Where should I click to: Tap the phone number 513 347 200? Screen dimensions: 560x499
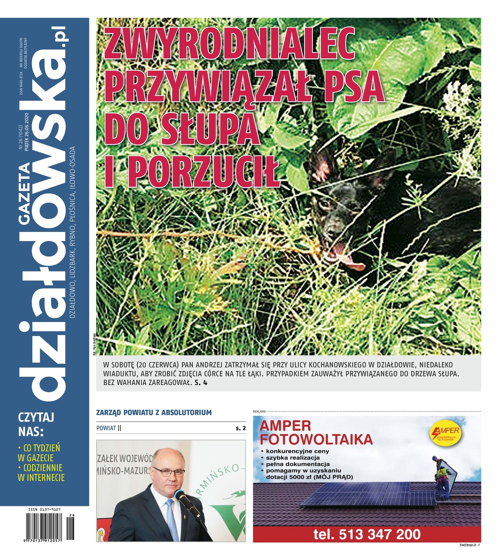click(x=367, y=534)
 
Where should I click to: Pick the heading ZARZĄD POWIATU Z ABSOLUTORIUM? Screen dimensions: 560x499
click(x=154, y=413)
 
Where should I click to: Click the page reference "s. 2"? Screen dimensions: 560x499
click(x=240, y=428)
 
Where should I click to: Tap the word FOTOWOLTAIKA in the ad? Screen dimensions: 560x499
click(x=316, y=439)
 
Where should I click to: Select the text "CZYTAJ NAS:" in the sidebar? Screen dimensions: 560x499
click(x=36, y=423)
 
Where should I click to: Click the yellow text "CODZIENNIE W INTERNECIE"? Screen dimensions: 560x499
click(x=41, y=472)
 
